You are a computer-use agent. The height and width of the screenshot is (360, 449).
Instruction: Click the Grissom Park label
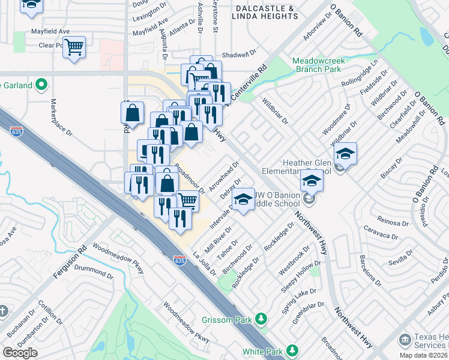coord(226,320)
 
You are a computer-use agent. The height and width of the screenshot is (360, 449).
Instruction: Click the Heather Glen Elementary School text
coord(298,166)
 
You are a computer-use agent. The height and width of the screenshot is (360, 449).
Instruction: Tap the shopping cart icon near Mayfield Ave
coord(74,46)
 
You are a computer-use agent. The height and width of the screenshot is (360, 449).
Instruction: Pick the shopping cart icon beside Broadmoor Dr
coord(187,200)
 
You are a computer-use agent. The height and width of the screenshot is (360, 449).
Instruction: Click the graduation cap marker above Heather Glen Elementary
coord(345,154)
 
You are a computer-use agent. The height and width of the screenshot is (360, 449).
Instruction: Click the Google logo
coord(20,353)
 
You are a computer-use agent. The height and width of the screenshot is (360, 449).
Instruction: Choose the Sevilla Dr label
coord(401,262)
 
